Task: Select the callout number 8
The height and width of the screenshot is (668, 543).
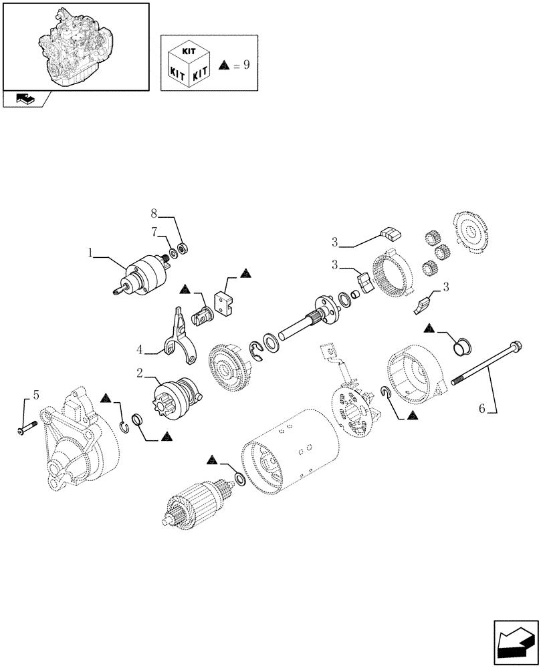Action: click(153, 214)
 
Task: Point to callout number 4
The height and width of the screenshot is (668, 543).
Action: click(140, 348)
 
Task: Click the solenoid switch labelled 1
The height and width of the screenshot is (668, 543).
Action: click(143, 277)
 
